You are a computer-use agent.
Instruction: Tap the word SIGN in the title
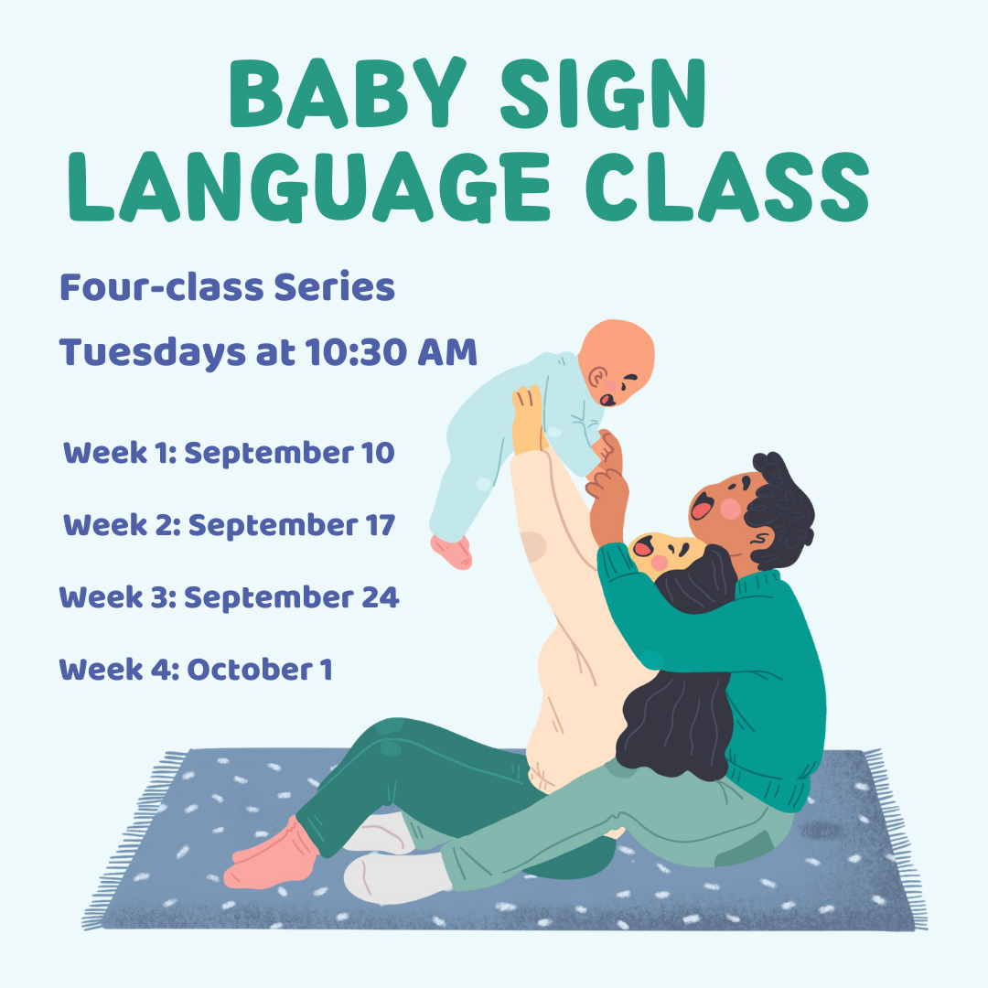[x=604, y=93]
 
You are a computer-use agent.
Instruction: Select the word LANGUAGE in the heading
[x=309, y=188]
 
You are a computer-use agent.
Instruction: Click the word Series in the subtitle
[x=334, y=287]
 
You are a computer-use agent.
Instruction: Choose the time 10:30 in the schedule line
[x=356, y=351]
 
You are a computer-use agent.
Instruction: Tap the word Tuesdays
[x=152, y=353]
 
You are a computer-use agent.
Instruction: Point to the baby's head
[x=616, y=362]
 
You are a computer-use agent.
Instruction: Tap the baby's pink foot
[x=452, y=552]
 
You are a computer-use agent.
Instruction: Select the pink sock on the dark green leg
[x=272, y=853]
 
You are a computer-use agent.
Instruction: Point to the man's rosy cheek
[x=730, y=509]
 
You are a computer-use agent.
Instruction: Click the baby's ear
[x=596, y=378]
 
